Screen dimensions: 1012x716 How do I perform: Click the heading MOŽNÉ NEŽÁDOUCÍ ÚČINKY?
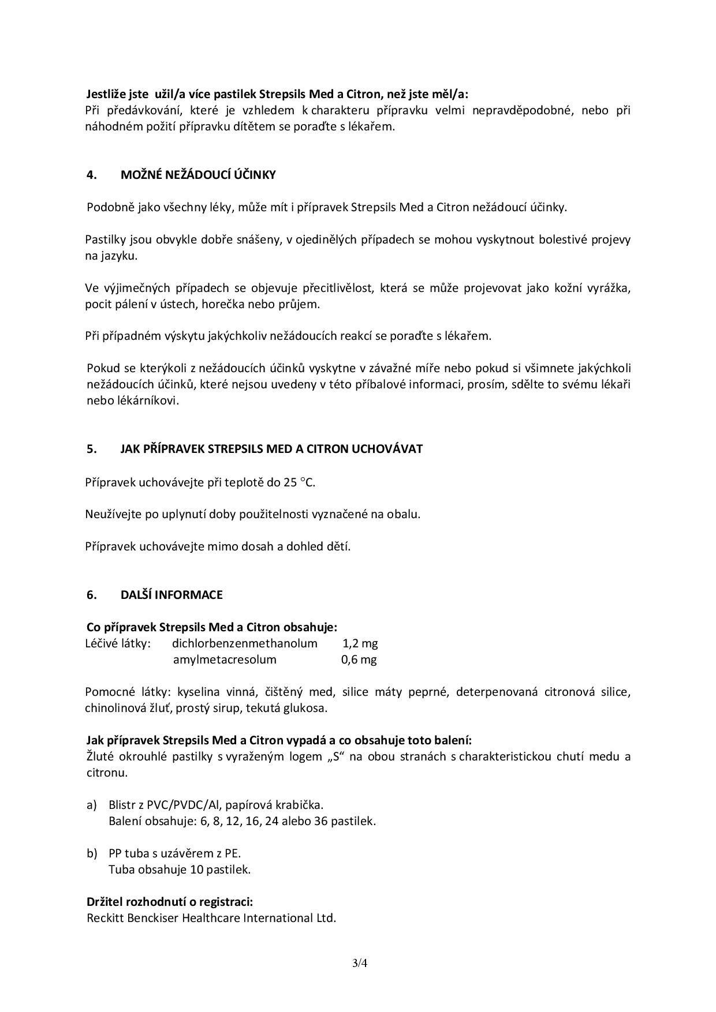pyautogui.click(x=198, y=175)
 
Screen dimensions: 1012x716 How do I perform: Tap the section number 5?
pyautogui.click(x=92, y=449)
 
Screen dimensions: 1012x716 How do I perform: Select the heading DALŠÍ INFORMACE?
pyautogui.click(x=171, y=595)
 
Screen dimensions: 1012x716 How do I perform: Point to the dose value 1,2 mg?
pyautogui.click(x=360, y=643)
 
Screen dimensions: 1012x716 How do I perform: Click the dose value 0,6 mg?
pyautogui.click(x=359, y=659)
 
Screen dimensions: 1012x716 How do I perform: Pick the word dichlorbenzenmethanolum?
pyautogui.click(x=245, y=643)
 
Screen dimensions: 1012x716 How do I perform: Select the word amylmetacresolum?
pyautogui.click(x=225, y=659)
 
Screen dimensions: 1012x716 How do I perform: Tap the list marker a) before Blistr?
pyautogui.click(x=91, y=805)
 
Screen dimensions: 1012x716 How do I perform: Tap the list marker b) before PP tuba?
pyautogui.click(x=91, y=853)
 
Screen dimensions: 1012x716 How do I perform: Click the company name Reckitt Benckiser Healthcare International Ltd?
pyautogui.click(x=211, y=918)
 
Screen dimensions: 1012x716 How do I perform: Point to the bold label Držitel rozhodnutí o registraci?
pyautogui.click(x=170, y=902)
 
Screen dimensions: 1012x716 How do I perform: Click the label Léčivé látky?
pyautogui.click(x=118, y=643)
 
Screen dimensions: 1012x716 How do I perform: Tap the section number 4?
pyautogui.click(x=92, y=175)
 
